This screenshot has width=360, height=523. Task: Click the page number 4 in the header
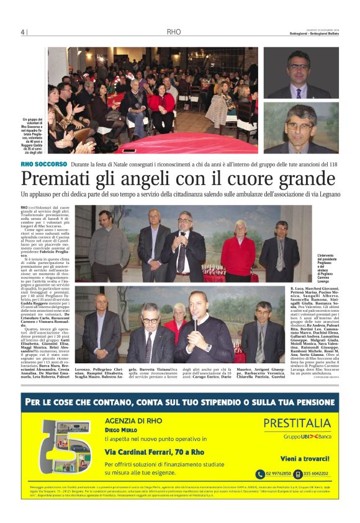coord(22,32)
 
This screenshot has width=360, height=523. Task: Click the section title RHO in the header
coord(174,32)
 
